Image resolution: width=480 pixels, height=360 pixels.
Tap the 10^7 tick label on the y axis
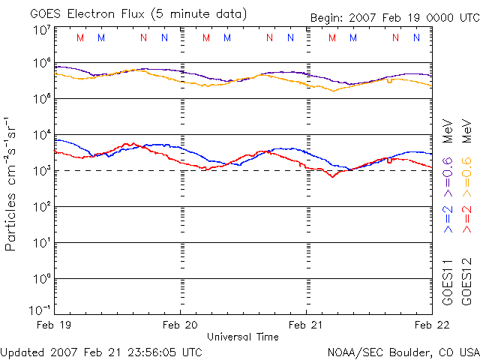(x=40, y=30)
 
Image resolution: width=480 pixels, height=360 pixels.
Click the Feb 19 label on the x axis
(x=55, y=325)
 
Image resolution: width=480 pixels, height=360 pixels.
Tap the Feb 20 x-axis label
(x=180, y=325)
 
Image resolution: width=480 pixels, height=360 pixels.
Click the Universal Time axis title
(x=243, y=337)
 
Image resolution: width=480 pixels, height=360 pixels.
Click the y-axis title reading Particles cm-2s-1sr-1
(x=12, y=183)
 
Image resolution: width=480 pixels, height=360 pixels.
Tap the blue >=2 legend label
(x=447, y=217)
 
